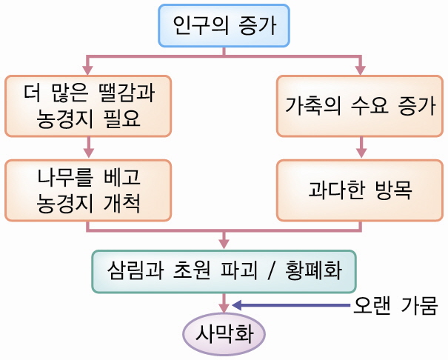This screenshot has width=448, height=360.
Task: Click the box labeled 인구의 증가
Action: [224, 26]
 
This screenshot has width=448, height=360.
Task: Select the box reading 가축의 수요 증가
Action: [360, 105]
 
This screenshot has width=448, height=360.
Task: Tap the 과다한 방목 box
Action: [360, 190]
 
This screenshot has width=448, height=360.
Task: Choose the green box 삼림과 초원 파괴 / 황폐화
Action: [224, 271]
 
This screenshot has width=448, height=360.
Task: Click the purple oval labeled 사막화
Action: [224, 334]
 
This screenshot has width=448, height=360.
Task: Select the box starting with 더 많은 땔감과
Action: [88, 105]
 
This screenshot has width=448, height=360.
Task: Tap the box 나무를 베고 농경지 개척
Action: [88, 190]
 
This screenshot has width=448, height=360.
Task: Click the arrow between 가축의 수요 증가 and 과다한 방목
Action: [361, 147]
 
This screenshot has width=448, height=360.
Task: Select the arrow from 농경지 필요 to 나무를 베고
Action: [88, 147]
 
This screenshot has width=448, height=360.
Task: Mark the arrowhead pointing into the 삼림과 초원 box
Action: [224, 243]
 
